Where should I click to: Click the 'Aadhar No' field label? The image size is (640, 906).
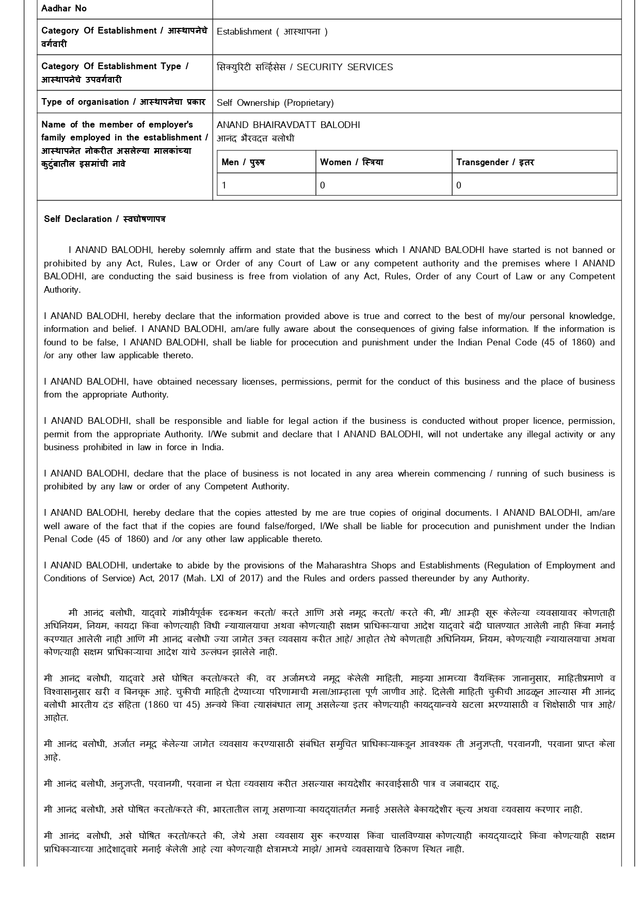64,8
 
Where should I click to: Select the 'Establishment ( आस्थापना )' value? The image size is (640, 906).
272,31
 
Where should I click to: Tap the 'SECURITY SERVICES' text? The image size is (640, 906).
345,67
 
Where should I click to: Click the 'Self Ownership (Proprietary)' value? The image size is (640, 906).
275,103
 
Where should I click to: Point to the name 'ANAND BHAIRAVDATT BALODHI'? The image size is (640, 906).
289,125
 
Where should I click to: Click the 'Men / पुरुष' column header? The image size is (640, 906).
243,162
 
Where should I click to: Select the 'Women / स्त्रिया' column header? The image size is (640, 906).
351,162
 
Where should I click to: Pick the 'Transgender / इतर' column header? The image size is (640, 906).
495,162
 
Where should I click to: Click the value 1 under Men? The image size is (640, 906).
225,185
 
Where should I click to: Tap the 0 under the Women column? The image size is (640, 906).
323,185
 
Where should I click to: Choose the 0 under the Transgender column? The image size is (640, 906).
459,185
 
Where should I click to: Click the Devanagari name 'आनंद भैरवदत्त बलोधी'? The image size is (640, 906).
255,138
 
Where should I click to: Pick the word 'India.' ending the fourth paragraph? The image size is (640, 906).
213,447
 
